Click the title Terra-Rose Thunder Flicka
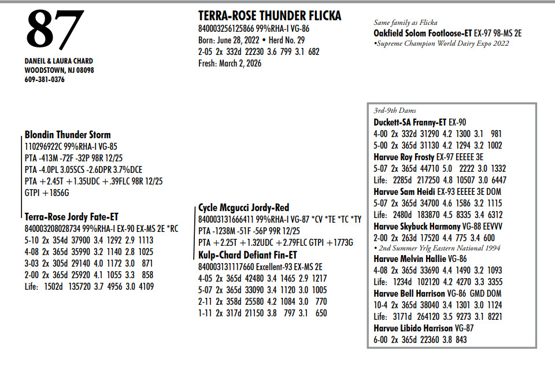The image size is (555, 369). coord(269,16)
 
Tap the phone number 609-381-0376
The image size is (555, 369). coord(45,80)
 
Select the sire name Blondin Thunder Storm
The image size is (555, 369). coord(68,135)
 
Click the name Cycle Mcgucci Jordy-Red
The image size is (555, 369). coord(243,208)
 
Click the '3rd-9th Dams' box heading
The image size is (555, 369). coord(395,110)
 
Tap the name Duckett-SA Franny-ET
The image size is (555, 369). coord(410,122)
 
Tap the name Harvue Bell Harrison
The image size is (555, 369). coord(411,294)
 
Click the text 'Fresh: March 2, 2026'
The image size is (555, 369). coord(230,64)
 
